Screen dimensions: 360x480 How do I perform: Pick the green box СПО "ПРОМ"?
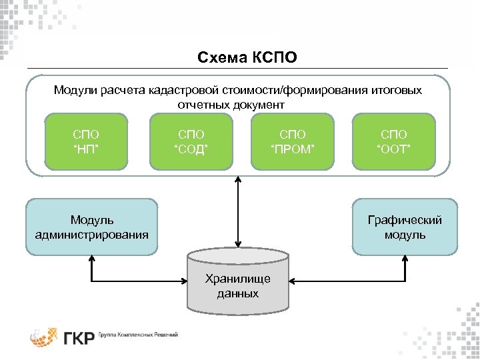point(291,141)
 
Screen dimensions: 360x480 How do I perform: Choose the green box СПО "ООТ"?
point(393,141)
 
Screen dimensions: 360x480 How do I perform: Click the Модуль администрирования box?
point(92,227)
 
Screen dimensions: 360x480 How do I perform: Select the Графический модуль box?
point(405,227)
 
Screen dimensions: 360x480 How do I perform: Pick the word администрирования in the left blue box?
point(92,234)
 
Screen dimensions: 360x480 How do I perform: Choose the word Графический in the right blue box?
point(405,220)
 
